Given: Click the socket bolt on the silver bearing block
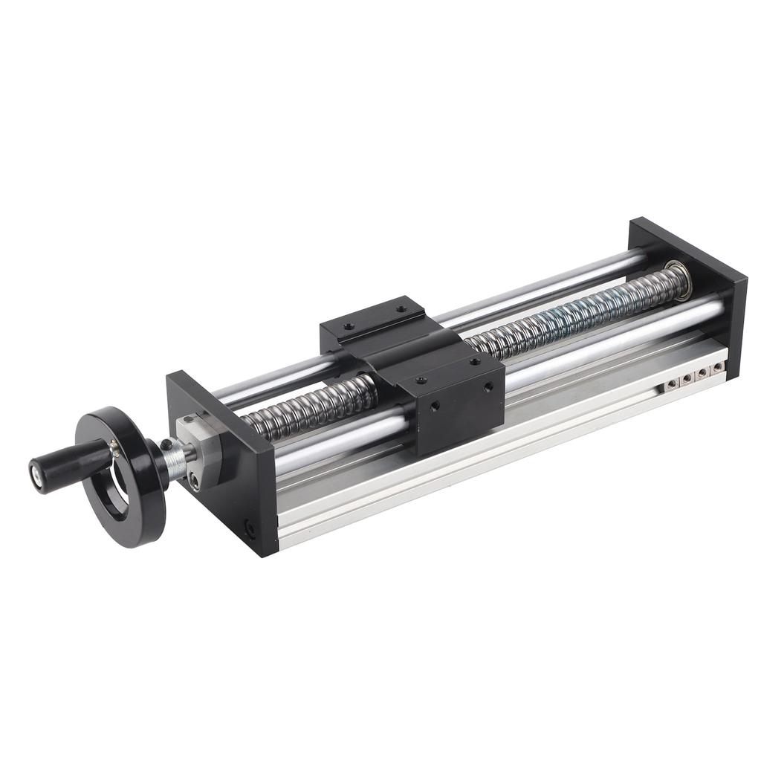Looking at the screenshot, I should click(x=195, y=482).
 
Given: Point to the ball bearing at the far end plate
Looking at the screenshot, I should click(x=678, y=281).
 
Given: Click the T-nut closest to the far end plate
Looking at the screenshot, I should click(x=717, y=367).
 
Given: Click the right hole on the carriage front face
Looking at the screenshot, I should click(x=488, y=386).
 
